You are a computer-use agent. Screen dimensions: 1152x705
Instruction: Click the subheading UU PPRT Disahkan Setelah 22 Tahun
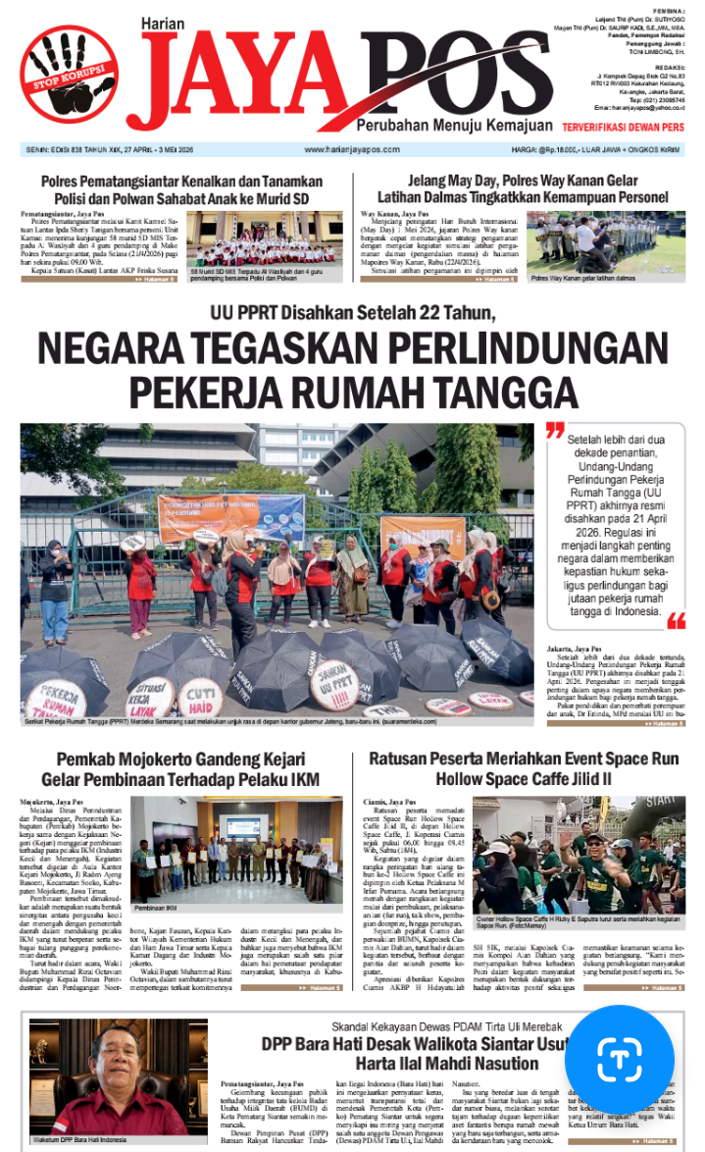tap(353, 314)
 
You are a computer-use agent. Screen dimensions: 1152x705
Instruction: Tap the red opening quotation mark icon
tap(556, 432)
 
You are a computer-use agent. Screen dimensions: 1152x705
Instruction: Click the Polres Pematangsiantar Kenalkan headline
tap(181, 189)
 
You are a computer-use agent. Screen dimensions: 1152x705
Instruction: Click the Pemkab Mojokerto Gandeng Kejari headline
tap(181, 770)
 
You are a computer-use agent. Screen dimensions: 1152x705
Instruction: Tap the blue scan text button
tap(619, 1063)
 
